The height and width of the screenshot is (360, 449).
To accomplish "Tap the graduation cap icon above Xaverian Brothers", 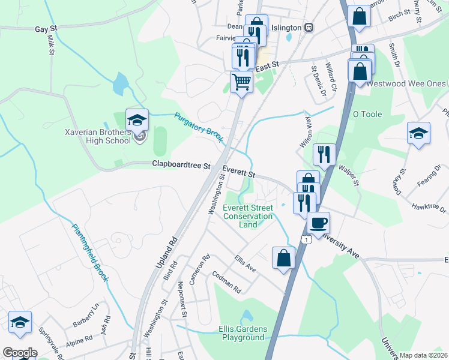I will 137,119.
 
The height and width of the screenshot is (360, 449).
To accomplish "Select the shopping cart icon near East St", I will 241,81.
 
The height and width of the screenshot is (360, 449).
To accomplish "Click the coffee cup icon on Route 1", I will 318,223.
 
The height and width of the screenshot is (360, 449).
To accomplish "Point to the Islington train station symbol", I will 309,27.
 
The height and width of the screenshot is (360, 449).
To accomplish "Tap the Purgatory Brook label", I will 199,128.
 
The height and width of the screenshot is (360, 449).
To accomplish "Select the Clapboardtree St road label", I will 181,164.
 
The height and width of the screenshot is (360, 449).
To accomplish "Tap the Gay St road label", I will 46,28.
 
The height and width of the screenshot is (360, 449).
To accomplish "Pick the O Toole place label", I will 367,114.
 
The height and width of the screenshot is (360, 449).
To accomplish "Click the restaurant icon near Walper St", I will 324,155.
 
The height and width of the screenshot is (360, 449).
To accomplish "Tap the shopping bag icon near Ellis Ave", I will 284,258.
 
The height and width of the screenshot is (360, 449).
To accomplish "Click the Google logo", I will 20,352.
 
